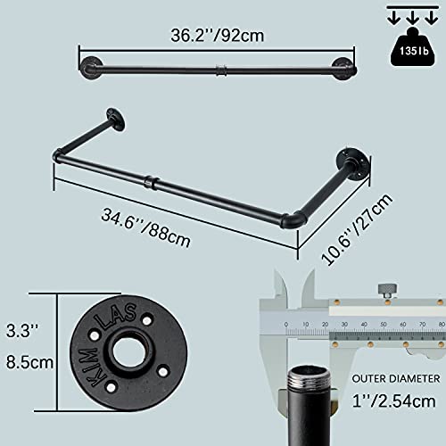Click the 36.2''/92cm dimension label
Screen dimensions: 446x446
click(218, 36)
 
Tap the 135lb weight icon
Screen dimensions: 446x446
click(414, 47)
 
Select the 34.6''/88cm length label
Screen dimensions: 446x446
click(145, 227)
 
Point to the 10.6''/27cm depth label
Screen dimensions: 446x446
click(357, 229)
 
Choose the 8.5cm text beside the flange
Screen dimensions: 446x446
click(29, 362)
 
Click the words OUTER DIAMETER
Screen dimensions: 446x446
click(396, 378)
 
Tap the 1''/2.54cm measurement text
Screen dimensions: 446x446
click(393, 401)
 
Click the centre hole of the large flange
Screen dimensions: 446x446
click(128, 354)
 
